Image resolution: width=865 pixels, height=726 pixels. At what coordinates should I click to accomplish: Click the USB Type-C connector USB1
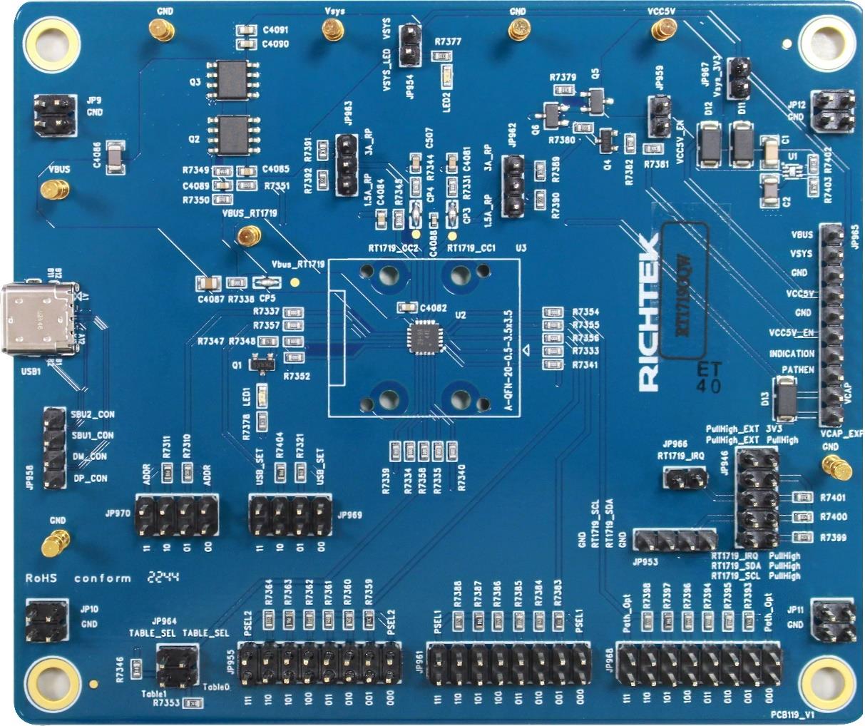pyautogui.click(x=39, y=319)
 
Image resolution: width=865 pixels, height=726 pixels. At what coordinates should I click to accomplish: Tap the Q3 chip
pyautogui.click(x=230, y=79)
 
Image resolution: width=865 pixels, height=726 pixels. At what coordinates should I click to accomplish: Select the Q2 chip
pyautogui.click(x=230, y=134)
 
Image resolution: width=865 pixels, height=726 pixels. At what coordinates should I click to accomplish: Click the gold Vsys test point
pyautogui.click(x=331, y=29)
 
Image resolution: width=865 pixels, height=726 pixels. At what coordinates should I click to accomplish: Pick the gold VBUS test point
pyautogui.click(x=51, y=190)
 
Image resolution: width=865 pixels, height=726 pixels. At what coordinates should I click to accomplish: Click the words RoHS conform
pyautogui.click(x=78, y=578)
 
